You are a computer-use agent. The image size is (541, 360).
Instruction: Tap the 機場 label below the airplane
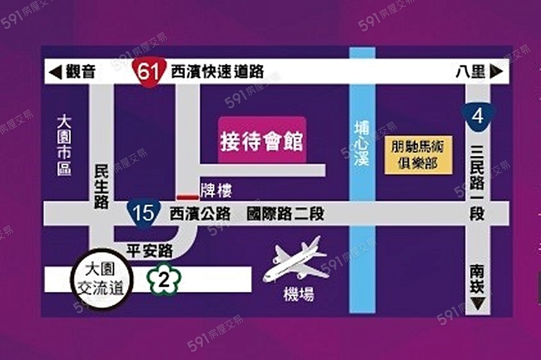tap(299, 294)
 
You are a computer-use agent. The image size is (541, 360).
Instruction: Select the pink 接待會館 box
tap(261, 142)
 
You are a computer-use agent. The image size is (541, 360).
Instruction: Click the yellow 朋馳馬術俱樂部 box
tap(417, 154)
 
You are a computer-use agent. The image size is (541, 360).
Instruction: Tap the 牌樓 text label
tap(216, 191)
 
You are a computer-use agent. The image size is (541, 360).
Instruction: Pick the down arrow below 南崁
tap(478, 305)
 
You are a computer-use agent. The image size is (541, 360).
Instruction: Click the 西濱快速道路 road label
tap(217, 72)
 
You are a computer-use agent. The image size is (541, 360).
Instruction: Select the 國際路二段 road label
tap(285, 213)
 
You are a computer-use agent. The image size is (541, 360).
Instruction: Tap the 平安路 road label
tap(150, 251)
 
